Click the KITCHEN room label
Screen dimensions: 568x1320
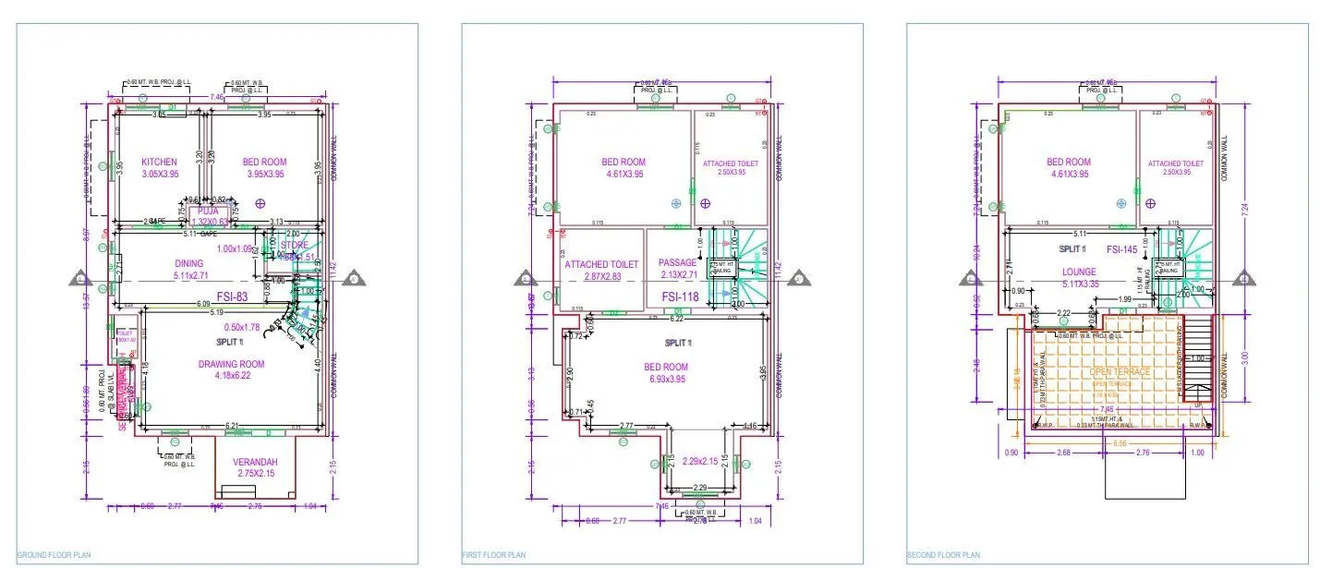159,163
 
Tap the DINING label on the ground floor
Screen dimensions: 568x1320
188,263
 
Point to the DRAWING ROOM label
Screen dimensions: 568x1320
231,364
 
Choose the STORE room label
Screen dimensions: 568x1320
294,245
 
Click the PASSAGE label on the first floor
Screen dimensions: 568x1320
677,263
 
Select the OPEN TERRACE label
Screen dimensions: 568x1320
1120,371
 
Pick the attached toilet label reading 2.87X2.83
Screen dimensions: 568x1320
600,263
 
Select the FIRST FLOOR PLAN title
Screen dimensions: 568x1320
493,555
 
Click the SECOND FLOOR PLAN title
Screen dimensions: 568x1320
942,555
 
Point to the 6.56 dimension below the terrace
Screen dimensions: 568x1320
1120,443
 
